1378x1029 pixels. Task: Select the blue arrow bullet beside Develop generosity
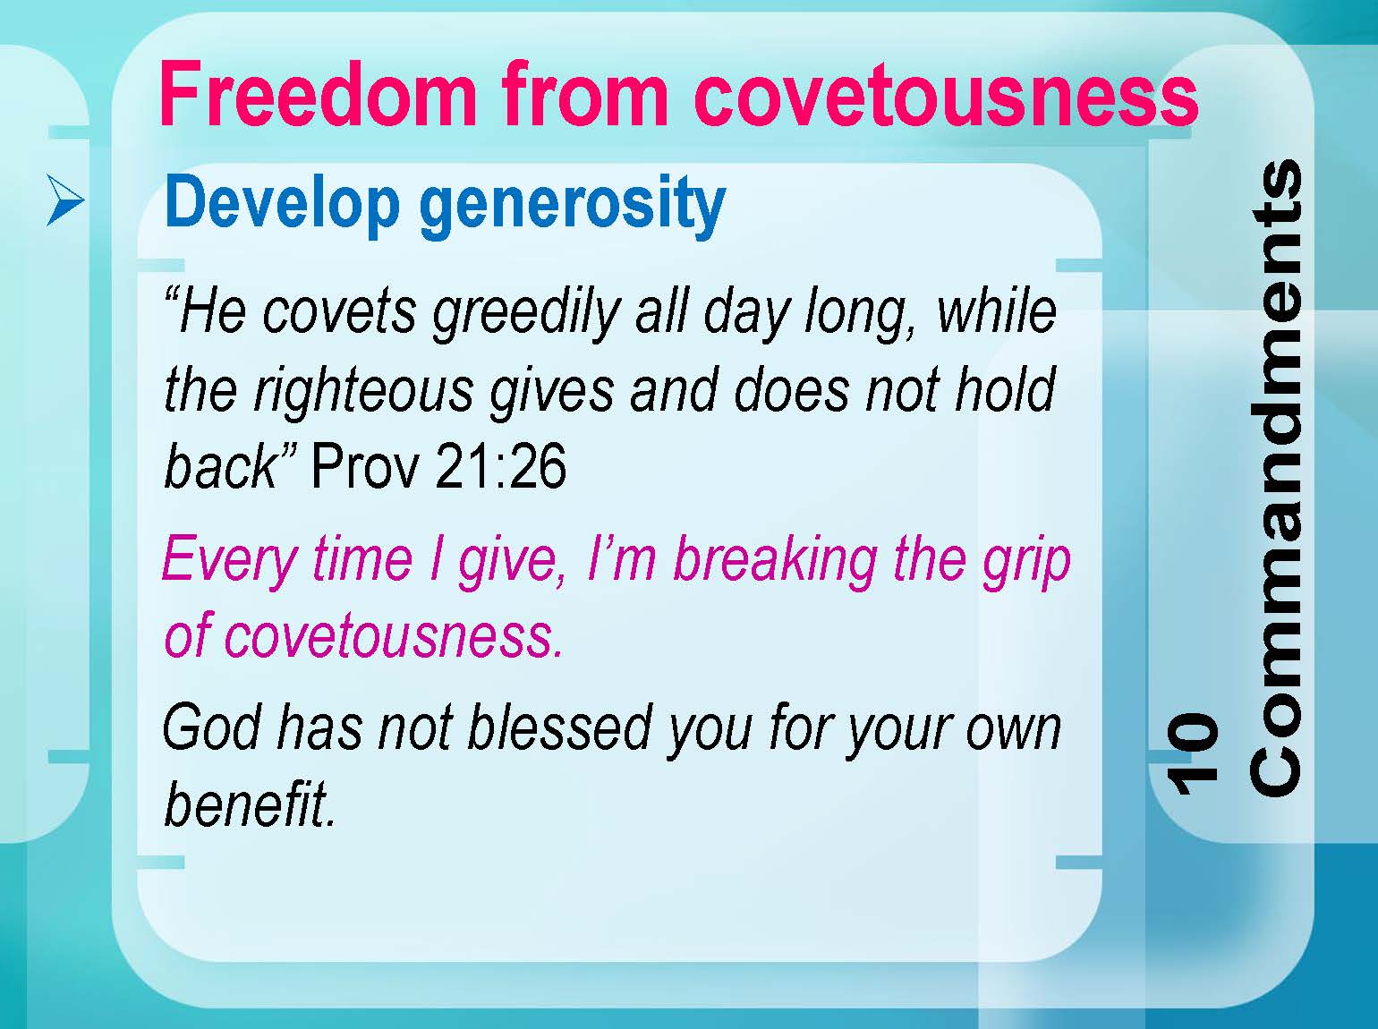pos(65,200)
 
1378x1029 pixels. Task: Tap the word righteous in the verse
pos(364,393)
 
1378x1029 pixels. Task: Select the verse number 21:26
pos(500,466)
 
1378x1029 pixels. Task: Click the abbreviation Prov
pos(364,466)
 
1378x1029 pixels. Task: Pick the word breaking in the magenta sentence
pos(775,561)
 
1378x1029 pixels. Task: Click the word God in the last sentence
pos(211,728)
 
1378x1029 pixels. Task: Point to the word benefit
pos(250,804)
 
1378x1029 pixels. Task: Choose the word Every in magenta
pos(230,561)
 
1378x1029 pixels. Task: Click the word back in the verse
pos(220,466)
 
